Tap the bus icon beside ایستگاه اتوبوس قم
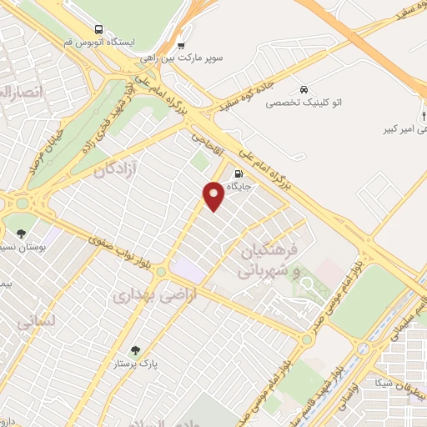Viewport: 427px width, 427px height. click(x=99, y=28)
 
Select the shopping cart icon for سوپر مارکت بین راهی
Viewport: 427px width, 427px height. click(x=181, y=45)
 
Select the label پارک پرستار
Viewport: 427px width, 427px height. click(x=137, y=364)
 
